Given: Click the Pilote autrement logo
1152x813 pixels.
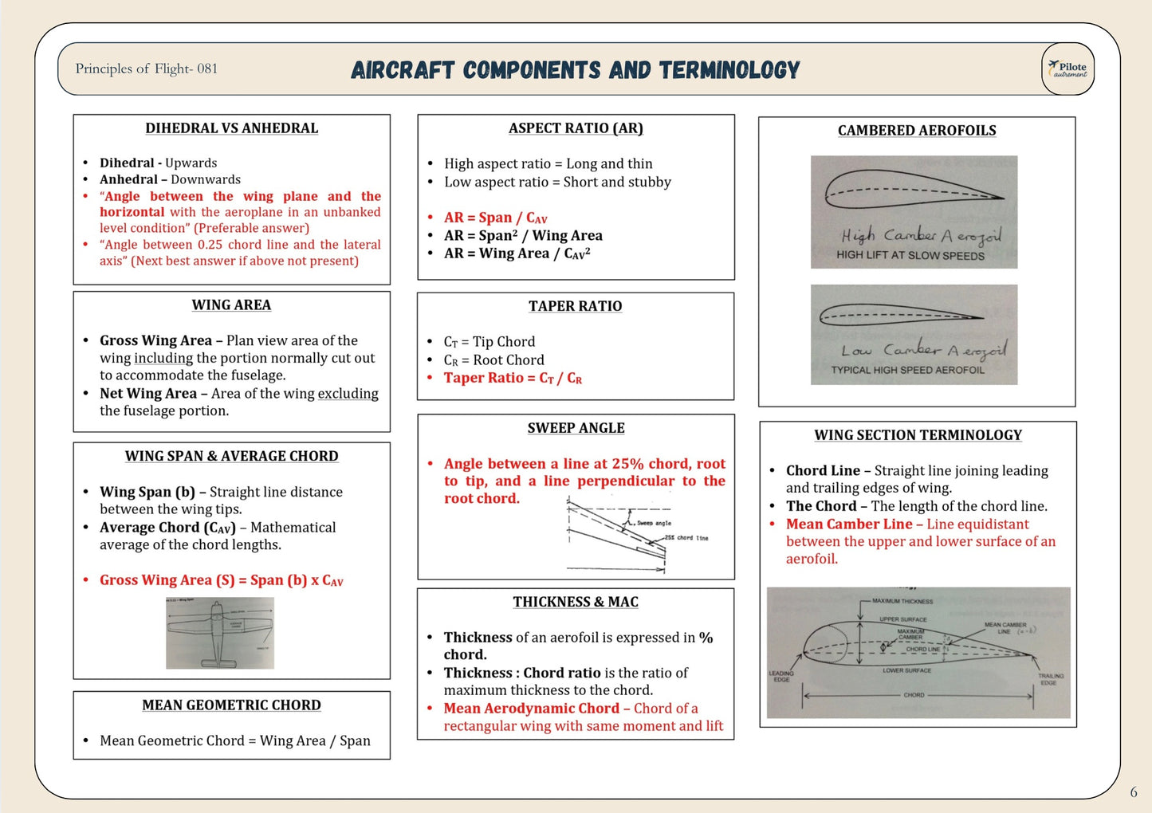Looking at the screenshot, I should click(x=1067, y=69).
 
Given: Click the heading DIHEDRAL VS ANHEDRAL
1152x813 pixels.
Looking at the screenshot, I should click(x=231, y=128).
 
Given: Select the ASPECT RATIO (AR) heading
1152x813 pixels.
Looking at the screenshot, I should click(x=576, y=128).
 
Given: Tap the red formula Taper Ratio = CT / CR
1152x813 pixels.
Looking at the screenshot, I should click(x=513, y=378).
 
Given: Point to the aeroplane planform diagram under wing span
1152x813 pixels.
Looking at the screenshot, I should click(x=220, y=633).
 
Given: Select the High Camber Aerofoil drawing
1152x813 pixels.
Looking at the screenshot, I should click(x=914, y=211).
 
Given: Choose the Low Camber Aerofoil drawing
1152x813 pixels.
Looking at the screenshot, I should click(x=914, y=334).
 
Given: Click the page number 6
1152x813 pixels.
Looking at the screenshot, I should click(x=1134, y=791).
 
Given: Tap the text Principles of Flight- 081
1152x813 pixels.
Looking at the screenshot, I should click(x=146, y=69).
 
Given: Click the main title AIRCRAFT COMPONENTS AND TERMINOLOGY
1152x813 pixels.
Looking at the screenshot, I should click(x=575, y=70).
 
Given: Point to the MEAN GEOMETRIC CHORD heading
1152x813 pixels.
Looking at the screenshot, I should click(x=231, y=705).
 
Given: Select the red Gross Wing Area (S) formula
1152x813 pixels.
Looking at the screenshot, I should click(x=221, y=580).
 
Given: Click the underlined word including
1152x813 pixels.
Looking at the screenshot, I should click(x=163, y=358).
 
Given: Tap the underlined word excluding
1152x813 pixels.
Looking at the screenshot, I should click(x=348, y=393).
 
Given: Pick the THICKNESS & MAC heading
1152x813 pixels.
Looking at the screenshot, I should click(x=576, y=602).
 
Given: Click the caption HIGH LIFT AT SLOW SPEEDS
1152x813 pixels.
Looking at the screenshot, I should click(x=910, y=255).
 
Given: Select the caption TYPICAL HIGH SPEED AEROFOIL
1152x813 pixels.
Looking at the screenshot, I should click(x=907, y=370).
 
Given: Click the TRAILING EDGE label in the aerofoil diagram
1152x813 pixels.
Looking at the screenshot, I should click(x=1049, y=679).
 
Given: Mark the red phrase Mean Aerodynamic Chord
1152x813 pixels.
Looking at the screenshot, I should click(x=531, y=708).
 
